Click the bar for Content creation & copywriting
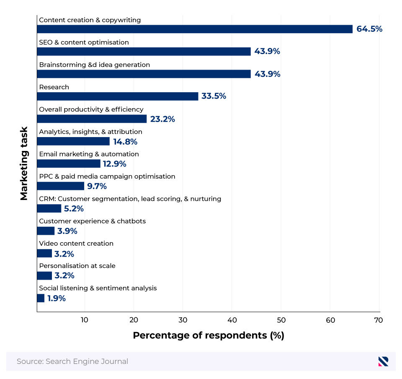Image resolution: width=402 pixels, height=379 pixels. click(x=195, y=29)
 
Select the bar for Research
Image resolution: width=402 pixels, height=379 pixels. click(x=118, y=96)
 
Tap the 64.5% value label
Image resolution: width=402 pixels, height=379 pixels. click(x=369, y=29)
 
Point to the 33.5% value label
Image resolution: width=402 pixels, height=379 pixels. click(x=214, y=96)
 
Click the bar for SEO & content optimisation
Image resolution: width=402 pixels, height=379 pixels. click(x=144, y=52)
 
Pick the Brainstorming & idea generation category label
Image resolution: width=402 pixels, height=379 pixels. click(x=94, y=65)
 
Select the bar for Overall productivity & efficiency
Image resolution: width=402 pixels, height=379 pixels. click(x=92, y=119)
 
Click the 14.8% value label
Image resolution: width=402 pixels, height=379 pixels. click(x=125, y=141)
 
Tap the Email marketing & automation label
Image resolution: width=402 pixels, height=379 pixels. click(x=89, y=154)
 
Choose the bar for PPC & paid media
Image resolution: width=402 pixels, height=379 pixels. click(x=61, y=186)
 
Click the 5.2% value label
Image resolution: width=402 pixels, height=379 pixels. click(x=74, y=208)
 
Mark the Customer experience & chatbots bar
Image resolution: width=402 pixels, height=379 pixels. click(x=46, y=231)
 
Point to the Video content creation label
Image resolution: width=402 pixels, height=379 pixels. click(x=76, y=243)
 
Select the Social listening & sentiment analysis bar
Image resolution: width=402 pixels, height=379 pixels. click(x=41, y=298)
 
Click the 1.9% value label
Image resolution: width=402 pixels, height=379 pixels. click(x=56, y=298)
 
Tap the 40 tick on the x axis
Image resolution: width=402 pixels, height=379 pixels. click(x=232, y=320)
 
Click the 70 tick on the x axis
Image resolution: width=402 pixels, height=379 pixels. click(x=379, y=320)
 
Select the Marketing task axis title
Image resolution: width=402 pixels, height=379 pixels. click(x=24, y=164)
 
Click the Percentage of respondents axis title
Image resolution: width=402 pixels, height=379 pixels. click(x=208, y=335)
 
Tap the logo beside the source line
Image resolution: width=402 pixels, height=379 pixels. click(x=383, y=361)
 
